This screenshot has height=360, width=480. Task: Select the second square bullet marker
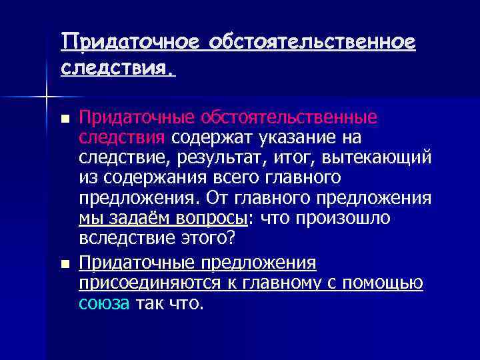tap(64, 265)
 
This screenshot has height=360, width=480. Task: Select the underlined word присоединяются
tap(145, 284)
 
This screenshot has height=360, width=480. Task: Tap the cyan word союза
tap(104, 304)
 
